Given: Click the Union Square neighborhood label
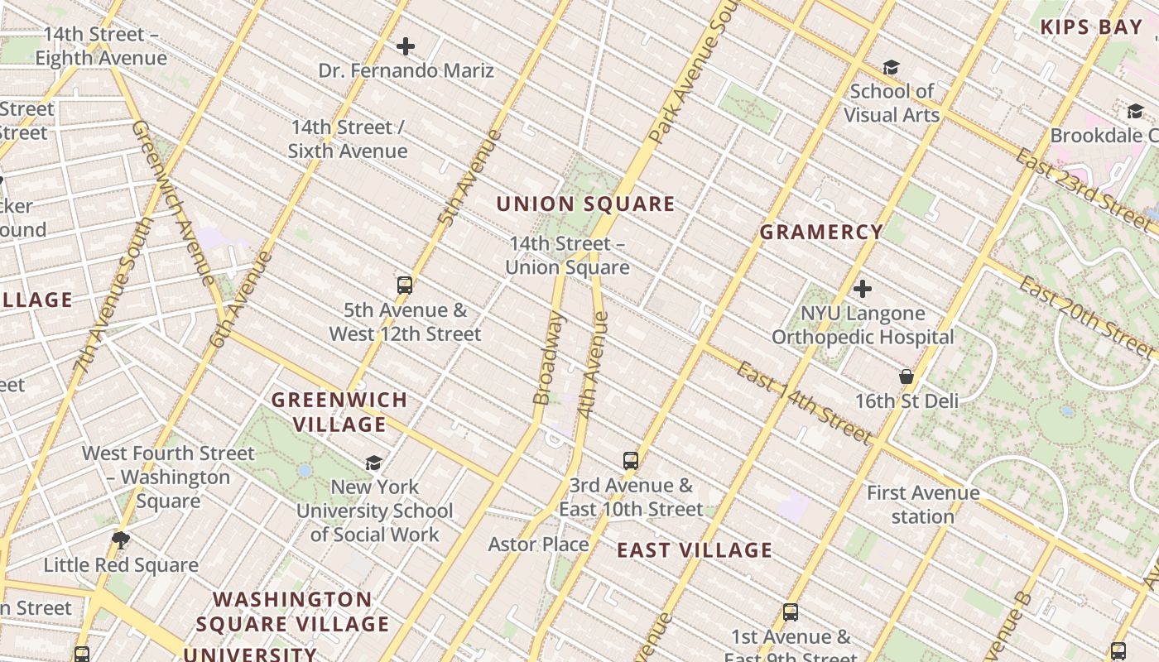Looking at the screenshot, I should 585,204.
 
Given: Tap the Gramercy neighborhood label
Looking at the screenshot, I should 821,232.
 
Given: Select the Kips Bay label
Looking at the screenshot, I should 1091,26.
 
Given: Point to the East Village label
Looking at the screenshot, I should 695,550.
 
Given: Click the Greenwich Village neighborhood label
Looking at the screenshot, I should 339,412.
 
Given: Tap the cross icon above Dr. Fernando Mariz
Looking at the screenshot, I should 406,46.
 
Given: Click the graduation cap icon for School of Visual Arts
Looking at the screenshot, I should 891,67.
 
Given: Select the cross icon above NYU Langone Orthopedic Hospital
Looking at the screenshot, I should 863,289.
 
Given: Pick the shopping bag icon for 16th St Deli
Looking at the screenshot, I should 907,377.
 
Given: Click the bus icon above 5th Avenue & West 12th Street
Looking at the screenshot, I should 405,285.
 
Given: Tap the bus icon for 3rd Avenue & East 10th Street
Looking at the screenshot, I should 631,461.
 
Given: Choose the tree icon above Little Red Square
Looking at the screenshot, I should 121,540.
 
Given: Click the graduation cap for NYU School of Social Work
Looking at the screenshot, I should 374,463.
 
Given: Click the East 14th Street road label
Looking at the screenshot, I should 804,402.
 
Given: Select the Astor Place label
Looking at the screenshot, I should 538,544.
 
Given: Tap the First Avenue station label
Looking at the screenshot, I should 923,505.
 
